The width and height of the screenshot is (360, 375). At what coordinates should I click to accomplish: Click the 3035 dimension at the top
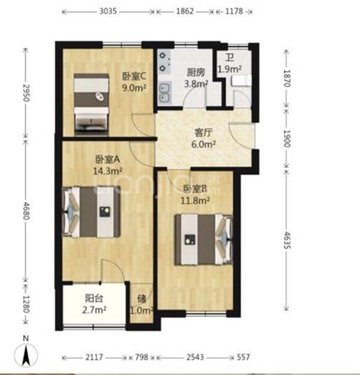[x=108, y=11]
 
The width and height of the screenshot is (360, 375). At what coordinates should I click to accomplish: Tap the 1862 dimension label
[x=185, y=11]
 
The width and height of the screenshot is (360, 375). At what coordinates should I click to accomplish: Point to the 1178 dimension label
[x=234, y=11]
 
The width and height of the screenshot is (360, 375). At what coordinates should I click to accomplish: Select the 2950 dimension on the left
[x=26, y=93]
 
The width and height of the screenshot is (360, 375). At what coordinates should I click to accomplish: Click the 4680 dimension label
[x=26, y=211]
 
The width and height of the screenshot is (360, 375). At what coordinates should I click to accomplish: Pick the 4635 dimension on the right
[x=286, y=240]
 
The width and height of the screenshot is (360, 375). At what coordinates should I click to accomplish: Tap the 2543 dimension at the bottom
[x=195, y=357]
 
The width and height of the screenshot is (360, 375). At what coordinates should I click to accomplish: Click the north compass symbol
[x=26, y=352]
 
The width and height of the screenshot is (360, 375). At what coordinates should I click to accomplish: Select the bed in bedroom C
[x=91, y=104]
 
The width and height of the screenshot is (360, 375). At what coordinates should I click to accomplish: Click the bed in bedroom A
[x=91, y=212]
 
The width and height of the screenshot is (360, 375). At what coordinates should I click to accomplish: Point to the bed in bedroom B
[x=204, y=240]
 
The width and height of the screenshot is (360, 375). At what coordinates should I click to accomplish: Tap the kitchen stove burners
[x=164, y=62]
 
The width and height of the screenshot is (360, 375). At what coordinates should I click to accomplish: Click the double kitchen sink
[x=164, y=93]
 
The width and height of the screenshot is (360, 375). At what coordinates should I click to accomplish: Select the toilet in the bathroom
[x=241, y=81]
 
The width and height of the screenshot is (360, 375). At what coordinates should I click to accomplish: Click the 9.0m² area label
[x=134, y=88]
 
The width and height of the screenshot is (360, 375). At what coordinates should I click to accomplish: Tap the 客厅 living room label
[x=203, y=132]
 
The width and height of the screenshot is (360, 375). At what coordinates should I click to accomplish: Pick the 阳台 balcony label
[x=94, y=298]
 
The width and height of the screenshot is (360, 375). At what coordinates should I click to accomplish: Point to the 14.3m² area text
[x=107, y=171]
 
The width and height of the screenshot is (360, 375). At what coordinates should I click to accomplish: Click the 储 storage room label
[x=142, y=298]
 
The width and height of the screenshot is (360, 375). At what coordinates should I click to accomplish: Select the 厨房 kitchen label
[x=196, y=72]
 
